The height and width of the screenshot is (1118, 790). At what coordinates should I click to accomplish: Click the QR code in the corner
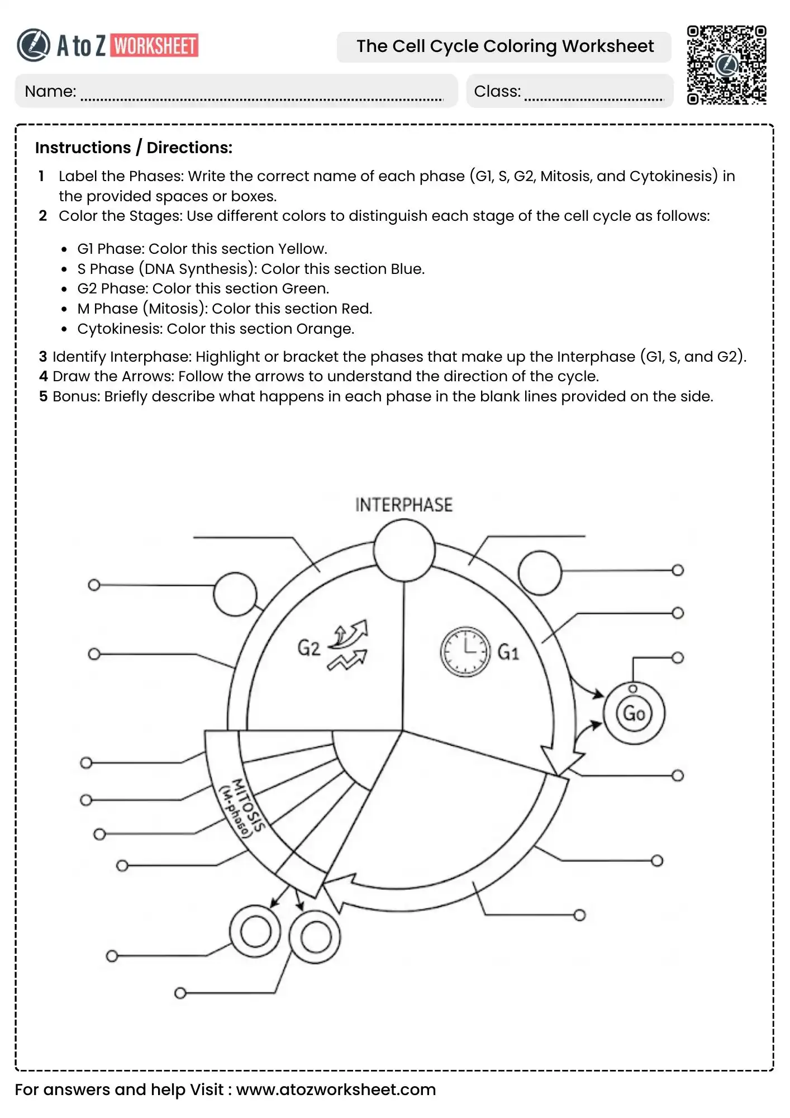pos(726,65)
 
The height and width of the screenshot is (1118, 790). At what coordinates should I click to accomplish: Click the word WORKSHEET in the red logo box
pos(155,46)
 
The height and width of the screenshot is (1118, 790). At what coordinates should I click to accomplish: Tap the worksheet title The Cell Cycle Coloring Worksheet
pos(505,46)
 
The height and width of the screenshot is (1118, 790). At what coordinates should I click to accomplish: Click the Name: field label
pos(50,91)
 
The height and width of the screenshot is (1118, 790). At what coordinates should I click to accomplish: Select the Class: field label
pos(497,91)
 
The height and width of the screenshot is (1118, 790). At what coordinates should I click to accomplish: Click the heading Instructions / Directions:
pos(134,148)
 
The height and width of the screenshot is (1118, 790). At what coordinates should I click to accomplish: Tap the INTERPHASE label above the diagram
pos(403,505)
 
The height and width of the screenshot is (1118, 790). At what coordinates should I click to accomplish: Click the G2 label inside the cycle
pos(308,648)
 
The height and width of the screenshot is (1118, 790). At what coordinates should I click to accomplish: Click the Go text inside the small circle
pos(634,713)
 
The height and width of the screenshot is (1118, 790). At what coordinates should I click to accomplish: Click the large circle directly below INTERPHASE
pos(404,550)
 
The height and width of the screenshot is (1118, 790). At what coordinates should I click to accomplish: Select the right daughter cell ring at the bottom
pos(315,936)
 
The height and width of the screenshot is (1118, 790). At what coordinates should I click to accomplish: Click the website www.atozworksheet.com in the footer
pos(336,1089)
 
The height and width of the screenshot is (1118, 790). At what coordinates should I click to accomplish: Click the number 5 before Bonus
pos(44,396)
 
